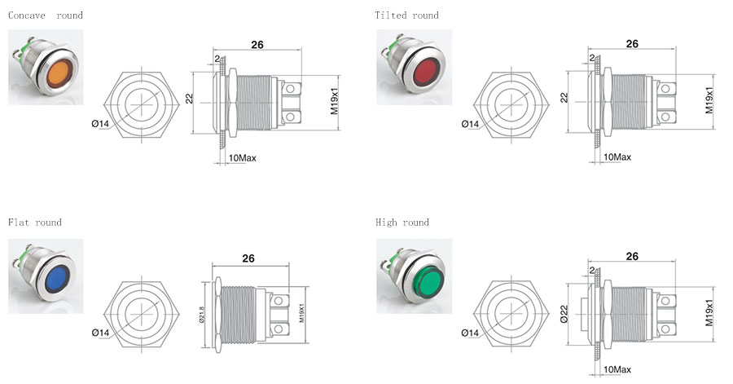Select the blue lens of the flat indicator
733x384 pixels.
[56, 280]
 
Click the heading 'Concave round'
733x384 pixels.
[46, 15]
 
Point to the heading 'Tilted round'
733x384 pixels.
[406, 15]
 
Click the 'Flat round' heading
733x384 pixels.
[34, 223]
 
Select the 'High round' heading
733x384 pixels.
[402, 223]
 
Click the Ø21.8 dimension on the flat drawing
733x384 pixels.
[201, 315]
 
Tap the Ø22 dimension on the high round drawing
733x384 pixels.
[564, 313]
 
